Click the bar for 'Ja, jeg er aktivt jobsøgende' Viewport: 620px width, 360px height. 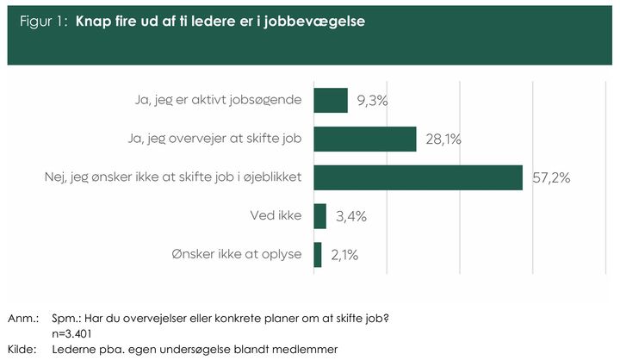(x=331, y=101)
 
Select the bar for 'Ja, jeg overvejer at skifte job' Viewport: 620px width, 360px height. (x=365, y=139)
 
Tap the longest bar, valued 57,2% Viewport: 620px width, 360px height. (x=418, y=177)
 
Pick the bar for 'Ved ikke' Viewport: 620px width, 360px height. (x=319, y=216)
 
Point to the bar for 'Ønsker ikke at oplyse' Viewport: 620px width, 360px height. (x=318, y=255)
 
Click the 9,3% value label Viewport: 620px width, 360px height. (x=372, y=101)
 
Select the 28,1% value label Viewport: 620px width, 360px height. (x=443, y=140)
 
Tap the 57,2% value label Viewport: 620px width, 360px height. (x=551, y=178)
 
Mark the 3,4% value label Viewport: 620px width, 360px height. (x=351, y=216)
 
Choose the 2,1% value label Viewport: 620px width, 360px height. (x=344, y=255)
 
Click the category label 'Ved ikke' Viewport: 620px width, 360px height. (x=276, y=215)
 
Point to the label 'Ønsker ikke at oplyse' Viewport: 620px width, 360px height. (x=237, y=254)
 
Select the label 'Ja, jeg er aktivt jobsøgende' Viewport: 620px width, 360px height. (x=218, y=100)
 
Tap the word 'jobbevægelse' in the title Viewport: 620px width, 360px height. (x=314, y=22)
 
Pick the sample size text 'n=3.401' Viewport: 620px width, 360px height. (x=71, y=334)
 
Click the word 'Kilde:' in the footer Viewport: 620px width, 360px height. (x=22, y=350)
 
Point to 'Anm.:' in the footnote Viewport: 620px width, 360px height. (x=23, y=319)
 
